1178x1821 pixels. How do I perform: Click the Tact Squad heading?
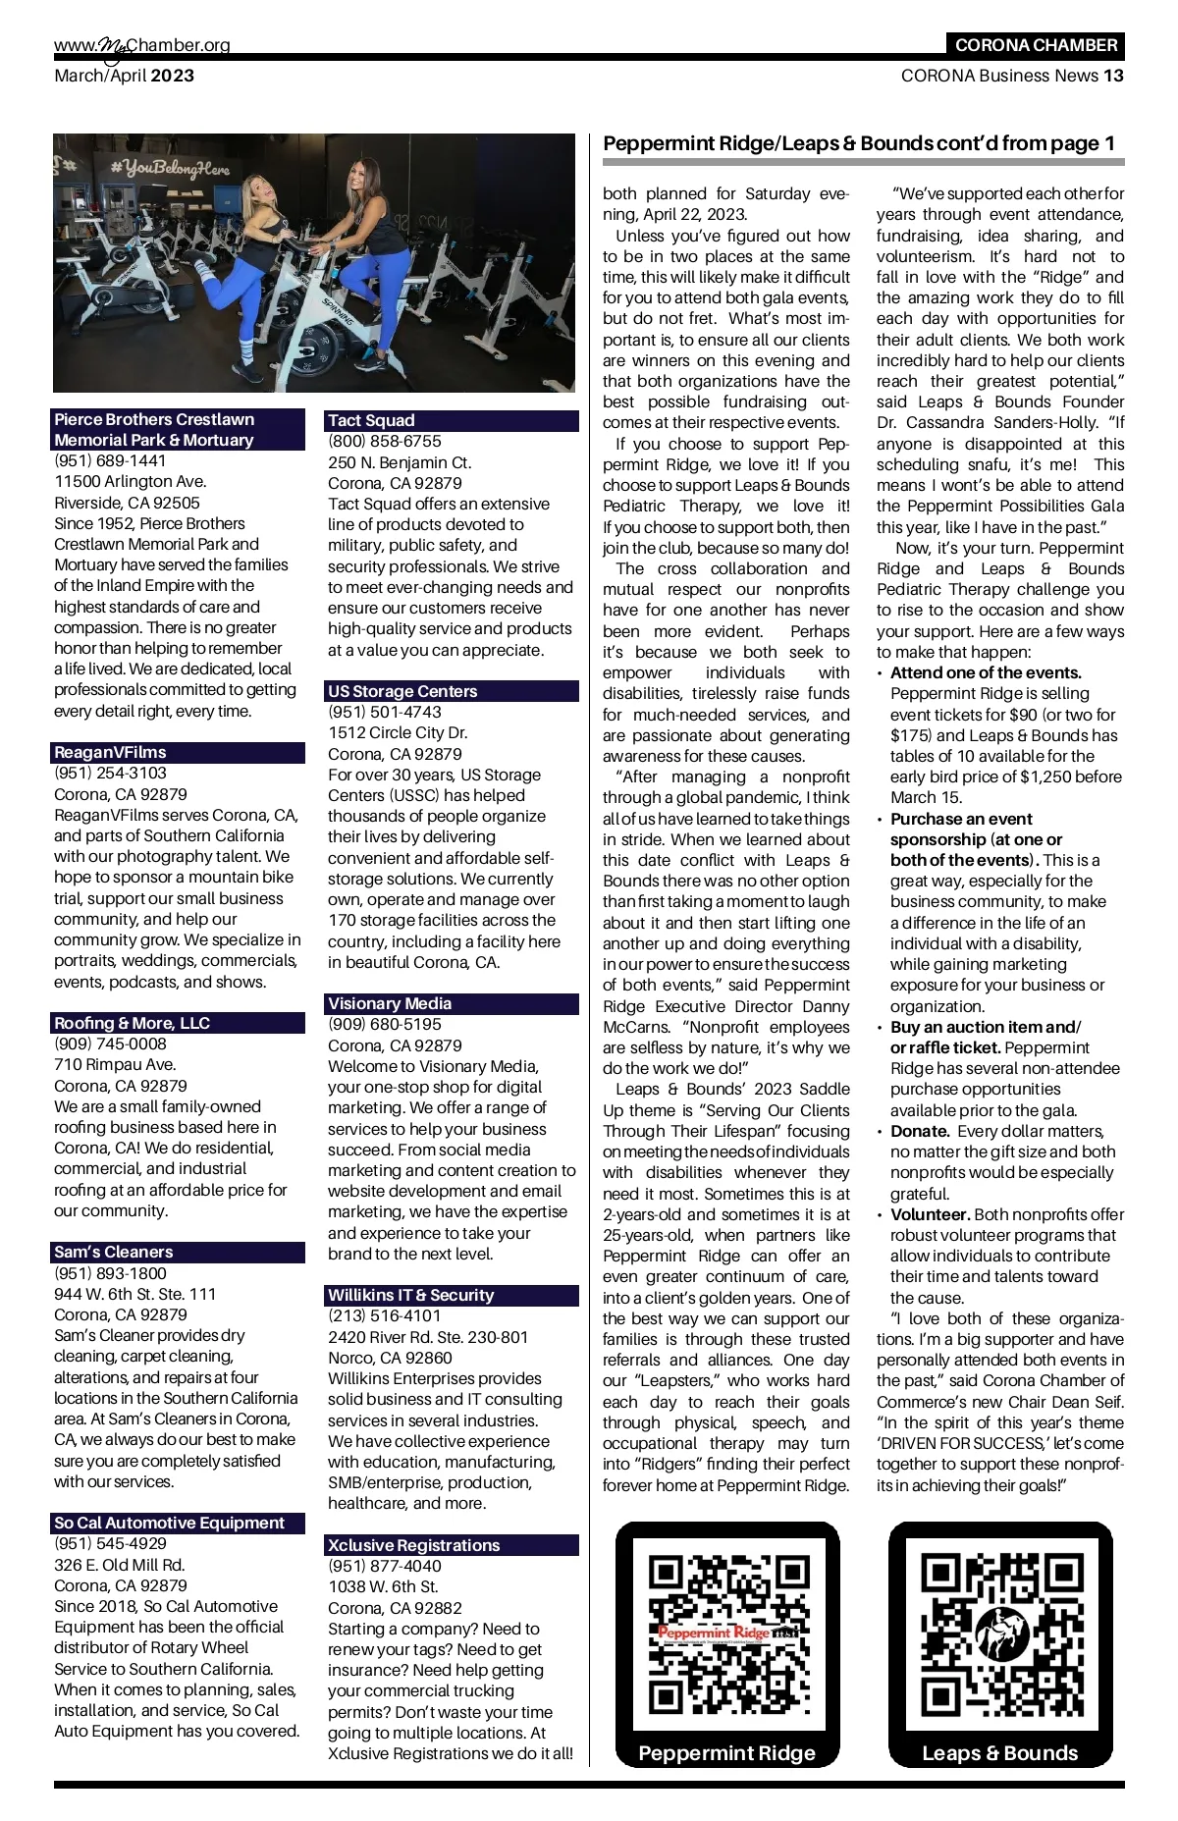point(371,420)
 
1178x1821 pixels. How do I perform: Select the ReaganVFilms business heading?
point(110,752)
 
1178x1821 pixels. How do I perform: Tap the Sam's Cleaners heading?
point(113,1252)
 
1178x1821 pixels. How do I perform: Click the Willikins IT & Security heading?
point(410,1295)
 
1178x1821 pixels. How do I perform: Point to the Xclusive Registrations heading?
point(413,1545)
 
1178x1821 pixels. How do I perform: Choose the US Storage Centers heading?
point(402,691)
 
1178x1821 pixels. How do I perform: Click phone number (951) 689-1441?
point(110,460)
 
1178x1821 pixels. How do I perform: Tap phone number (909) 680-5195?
point(384,1024)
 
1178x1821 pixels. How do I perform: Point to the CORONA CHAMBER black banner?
point(1036,45)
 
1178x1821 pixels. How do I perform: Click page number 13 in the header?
point(1113,76)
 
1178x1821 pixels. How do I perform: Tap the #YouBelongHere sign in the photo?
point(169,169)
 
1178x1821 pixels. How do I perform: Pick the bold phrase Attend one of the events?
point(986,672)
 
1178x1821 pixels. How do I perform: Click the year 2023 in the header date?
point(173,76)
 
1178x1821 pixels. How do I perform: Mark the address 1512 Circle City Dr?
point(398,732)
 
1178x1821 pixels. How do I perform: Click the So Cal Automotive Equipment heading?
point(169,1523)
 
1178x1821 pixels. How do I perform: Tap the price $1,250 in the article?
point(1053,777)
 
